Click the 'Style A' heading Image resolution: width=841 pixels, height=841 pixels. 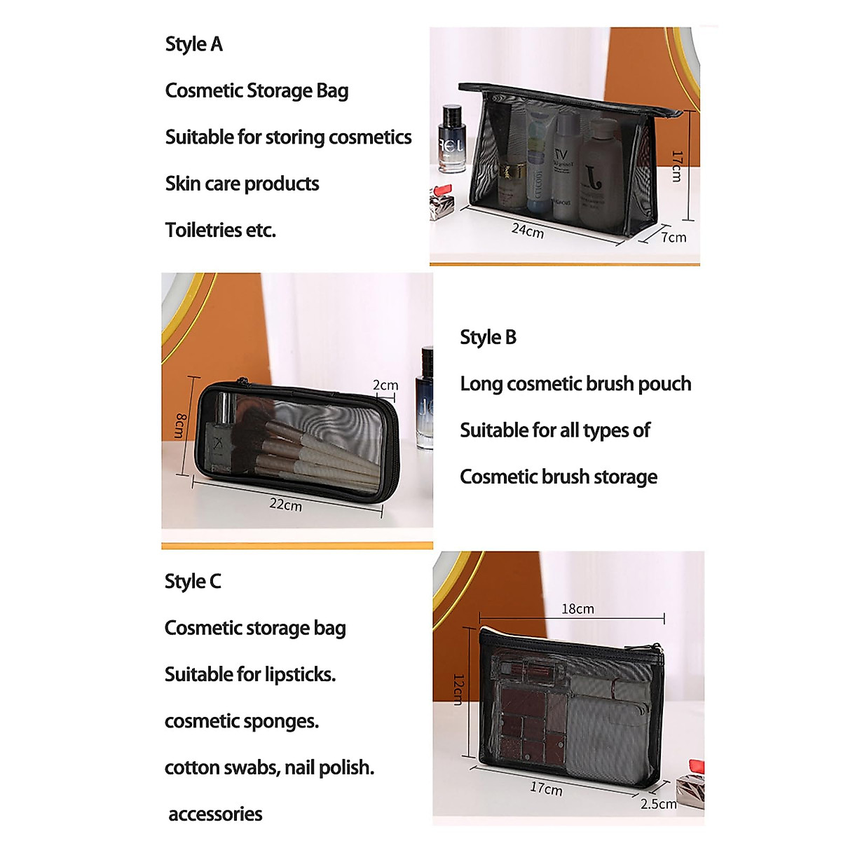[x=193, y=44]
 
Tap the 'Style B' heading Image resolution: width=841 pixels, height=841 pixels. [x=488, y=337]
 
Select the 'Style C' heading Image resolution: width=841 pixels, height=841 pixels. [x=193, y=581]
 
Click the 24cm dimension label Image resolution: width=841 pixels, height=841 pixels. [x=528, y=230]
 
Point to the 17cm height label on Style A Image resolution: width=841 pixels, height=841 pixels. [x=676, y=166]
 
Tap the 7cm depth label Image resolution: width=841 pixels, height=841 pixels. [x=674, y=237]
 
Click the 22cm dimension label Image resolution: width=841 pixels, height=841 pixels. [x=286, y=504]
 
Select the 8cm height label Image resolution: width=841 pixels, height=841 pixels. [x=180, y=425]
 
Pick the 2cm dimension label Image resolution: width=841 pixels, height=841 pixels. [x=385, y=385]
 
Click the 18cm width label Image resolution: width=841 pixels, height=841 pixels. [x=577, y=609]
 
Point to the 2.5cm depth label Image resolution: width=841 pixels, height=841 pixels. [x=658, y=804]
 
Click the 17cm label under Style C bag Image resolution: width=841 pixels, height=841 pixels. [x=546, y=788]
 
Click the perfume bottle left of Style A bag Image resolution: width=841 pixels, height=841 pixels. [x=451, y=139]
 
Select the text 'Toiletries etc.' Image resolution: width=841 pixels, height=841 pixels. [x=221, y=230]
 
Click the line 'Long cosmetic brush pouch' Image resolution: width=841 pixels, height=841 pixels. [x=575, y=383]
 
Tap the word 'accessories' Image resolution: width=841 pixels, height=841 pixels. [x=215, y=814]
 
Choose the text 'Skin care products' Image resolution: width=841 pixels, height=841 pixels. [x=242, y=184]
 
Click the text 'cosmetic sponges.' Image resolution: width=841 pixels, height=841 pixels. [x=242, y=721]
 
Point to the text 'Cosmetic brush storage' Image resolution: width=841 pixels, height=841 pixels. [x=559, y=477]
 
